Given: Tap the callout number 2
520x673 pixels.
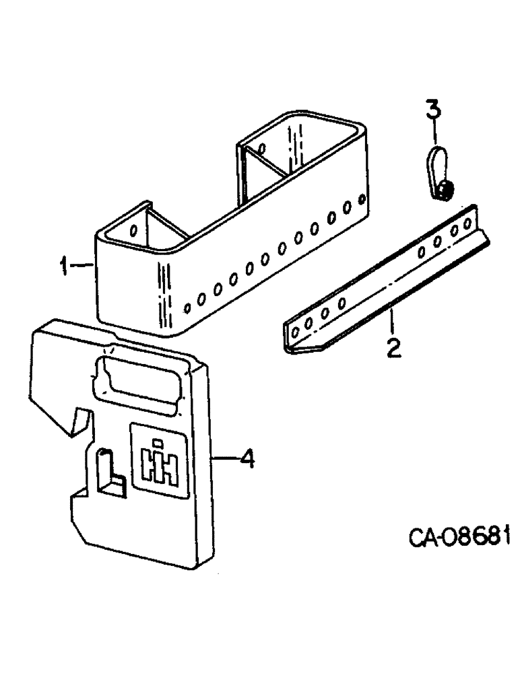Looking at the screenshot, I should click(x=393, y=348).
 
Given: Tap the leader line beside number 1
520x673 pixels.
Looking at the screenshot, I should click(x=84, y=267).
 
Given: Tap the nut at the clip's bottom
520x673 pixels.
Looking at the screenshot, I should click(x=446, y=192).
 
